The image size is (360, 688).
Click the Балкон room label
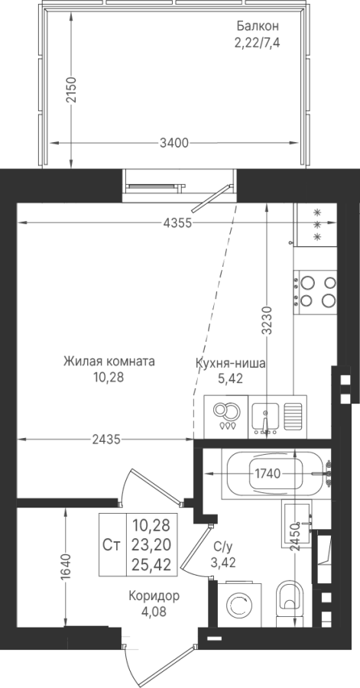click(258, 26)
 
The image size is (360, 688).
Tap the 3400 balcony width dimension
click(174, 143)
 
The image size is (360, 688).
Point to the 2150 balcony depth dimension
click(71, 90)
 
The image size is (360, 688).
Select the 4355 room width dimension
click(177, 223)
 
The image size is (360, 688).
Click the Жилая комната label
click(109, 362)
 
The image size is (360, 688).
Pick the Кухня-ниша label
click(230, 363)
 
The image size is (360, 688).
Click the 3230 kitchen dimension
click(268, 320)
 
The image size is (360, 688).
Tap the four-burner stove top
click(315, 292)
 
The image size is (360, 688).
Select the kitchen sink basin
click(264, 416)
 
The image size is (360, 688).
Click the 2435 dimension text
click(106, 440)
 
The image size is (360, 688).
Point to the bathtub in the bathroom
click(275, 474)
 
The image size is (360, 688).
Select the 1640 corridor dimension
click(66, 567)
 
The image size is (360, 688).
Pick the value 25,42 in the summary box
click(151, 564)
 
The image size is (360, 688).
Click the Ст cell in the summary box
click(112, 545)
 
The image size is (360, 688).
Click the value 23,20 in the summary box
click(151, 544)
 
